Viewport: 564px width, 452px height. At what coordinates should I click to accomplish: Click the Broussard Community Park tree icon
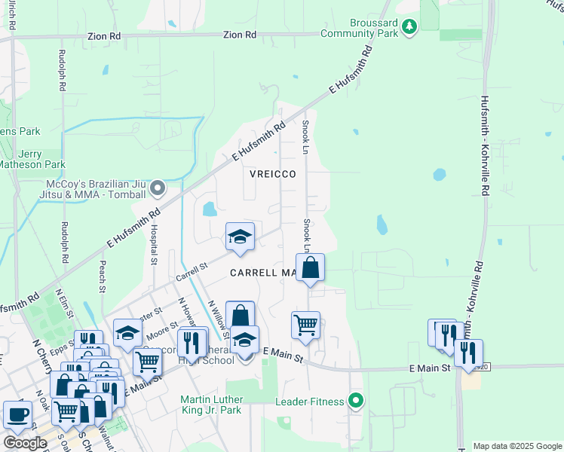click(409, 28)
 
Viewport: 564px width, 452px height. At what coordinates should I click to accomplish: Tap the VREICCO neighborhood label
click(272, 174)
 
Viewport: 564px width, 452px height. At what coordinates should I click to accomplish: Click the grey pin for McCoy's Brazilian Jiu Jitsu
click(157, 187)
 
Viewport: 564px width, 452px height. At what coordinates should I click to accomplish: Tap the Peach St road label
click(102, 275)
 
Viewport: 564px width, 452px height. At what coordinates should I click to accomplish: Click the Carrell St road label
click(192, 272)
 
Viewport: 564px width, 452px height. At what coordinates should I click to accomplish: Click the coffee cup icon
click(17, 414)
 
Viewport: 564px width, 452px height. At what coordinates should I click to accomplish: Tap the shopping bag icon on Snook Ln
click(310, 267)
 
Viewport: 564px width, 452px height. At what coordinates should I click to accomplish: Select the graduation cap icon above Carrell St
click(240, 237)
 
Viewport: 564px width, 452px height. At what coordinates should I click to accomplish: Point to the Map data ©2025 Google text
click(516, 446)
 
